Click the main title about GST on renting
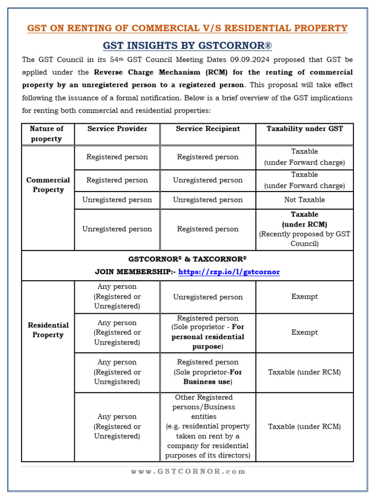tap(187, 28)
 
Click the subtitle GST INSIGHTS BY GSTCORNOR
tap(187, 46)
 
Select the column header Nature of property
tap(47, 134)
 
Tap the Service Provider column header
tap(117, 129)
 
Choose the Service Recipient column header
tap(208, 129)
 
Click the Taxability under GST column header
tap(304, 129)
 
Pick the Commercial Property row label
tap(48, 185)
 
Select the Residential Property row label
tap(48, 330)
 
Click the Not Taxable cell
tap(304, 200)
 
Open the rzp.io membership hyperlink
tap(229, 272)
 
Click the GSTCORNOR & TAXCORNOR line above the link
tap(187, 259)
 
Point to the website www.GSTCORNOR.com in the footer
tap(187, 471)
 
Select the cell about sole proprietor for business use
tap(208, 372)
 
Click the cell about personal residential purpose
tap(208, 332)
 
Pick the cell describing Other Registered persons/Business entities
tap(208, 426)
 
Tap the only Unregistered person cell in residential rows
tap(208, 297)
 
